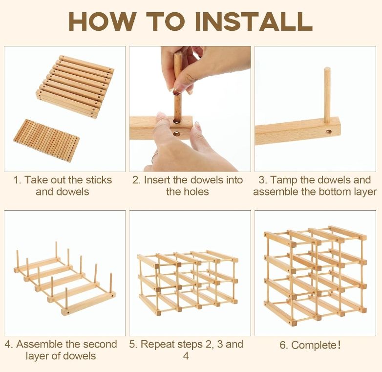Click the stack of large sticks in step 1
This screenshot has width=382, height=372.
(x=75, y=87)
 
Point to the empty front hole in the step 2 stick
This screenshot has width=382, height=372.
(x=177, y=133)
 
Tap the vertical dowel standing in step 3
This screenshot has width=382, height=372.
(x=327, y=95)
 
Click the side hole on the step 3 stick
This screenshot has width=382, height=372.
(x=329, y=132)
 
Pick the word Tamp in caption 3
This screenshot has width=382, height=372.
(x=284, y=181)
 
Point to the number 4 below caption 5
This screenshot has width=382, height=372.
(x=186, y=356)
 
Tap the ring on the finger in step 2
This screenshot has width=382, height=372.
(x=153, y=156)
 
